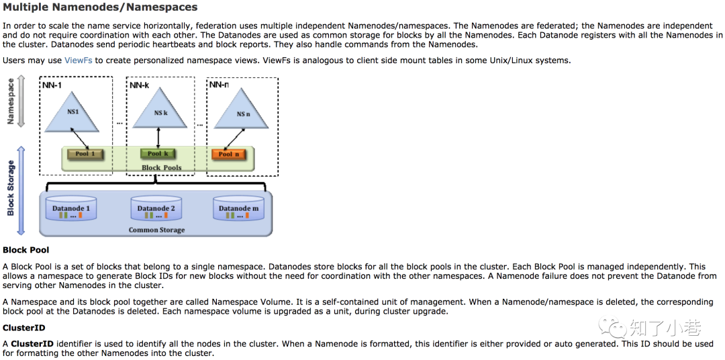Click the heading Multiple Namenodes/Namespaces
[x=100, y=7]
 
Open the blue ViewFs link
[x=79, y=60]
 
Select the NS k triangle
[x=160, y=112]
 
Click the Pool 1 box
[x=85, y=154]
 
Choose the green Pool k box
[x=158, y=154]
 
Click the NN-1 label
[x=52, y=85]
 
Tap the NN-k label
[x=139, y=85]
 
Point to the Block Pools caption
[x=161, y=167]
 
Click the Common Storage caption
[x=156, y=230]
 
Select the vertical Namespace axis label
[x=11, y=101]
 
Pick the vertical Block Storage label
[x=11, y=189]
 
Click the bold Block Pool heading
[x=26, y=251]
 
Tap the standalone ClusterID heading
[x=23, y=328]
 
